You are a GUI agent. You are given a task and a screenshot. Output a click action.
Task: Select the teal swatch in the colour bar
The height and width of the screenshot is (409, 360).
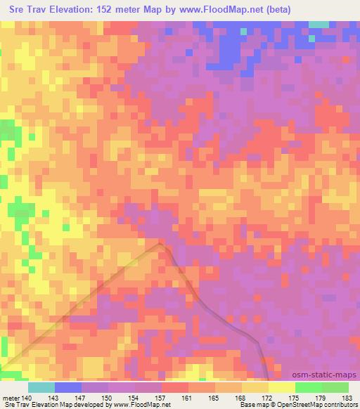[x=41, y=387]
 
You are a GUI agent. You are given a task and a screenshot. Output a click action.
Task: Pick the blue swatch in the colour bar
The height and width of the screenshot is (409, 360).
[x=67, y=387]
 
